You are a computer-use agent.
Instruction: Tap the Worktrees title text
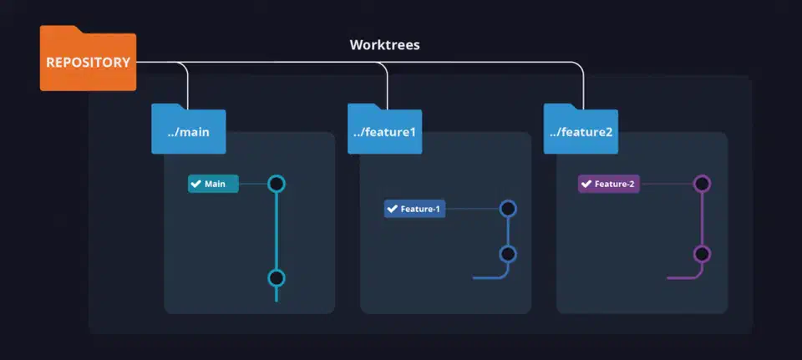(384, 44)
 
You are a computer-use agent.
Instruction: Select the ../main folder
(188, 130)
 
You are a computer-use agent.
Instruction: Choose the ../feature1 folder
(384, 130)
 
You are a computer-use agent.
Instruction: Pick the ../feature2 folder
(581, 130)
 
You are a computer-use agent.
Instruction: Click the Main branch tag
(214, 184)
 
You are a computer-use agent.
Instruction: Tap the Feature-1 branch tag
(414, 209)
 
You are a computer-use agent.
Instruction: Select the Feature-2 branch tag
(609, 184)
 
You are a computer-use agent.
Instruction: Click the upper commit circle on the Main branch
(277, 184)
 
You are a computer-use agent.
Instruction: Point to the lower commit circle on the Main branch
(277, 278)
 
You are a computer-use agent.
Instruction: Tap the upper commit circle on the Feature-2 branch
(703, 184)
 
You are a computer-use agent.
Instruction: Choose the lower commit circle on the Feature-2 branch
(703, 254)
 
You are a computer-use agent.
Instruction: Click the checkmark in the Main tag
(196, 184)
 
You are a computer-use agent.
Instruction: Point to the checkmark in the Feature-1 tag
(392, 209)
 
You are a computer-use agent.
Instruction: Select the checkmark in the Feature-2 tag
(586, 184)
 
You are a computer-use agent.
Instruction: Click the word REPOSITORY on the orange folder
(88, 63)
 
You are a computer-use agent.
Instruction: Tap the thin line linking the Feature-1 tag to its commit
(472, 209)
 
